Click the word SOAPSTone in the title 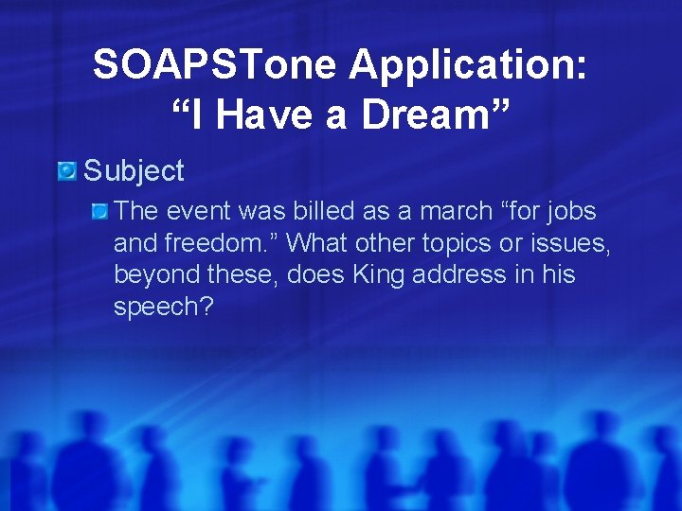coord(215,64)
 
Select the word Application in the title coord(467,64)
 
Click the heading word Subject coord(134,171)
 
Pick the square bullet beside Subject coord(66,171)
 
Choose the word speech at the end coord(160,308)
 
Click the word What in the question coord(318,243)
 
